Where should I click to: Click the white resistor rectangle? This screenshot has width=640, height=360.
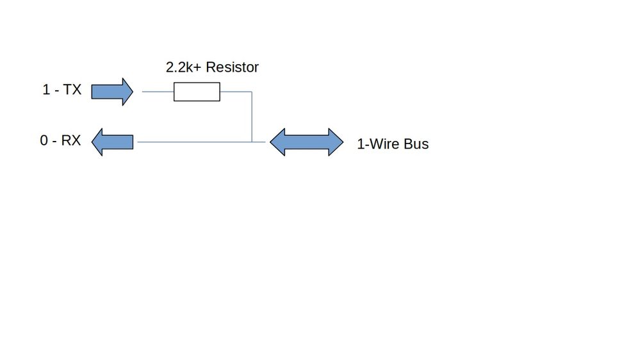click(x=197, y=92)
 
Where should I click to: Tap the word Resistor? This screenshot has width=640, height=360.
click(x=233, y=67)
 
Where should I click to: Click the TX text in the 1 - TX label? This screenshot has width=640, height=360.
click(x=72, y=90)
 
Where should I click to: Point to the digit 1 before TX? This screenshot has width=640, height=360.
click(x=46, y=90)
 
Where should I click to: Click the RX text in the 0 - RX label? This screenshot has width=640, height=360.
click(x=71, y=140)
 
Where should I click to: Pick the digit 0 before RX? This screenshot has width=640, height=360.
click(x=44, y=140)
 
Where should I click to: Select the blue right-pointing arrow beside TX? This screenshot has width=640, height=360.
click(x=112, y=92)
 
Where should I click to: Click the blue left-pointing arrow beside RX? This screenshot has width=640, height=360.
click(x=112, y=142)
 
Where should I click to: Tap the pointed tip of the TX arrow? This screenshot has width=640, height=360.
click(x=133, y=92)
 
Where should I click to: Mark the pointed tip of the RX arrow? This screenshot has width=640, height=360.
click(x=92, y=142)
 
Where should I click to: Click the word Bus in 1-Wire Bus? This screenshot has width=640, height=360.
click(x=416, y=144)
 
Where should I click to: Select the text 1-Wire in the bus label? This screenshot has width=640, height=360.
click(x=379, y=144)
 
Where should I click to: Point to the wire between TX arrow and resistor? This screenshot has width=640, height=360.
click(x=158, y=92)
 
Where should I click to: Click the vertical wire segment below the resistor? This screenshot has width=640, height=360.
click(x=252, y=117)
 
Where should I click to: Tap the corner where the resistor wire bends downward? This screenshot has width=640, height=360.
click(x=252, y=92)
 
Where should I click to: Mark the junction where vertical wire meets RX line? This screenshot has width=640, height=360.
click(x=252, y=142)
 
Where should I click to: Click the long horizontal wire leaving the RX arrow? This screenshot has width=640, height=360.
click(x=201, y=142)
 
